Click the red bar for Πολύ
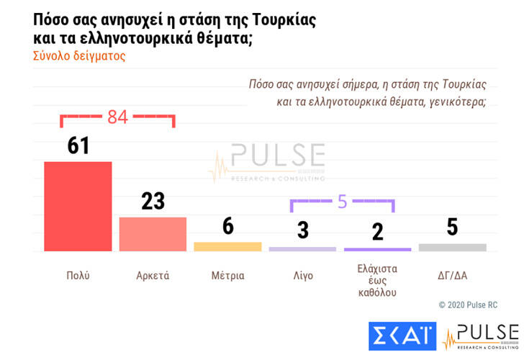[78, 206]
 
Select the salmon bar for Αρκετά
[153, 233]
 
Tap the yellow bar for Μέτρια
[227, 246]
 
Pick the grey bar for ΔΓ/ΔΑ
[452, 248]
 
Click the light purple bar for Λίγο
[302, 249]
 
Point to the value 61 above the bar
[78, 145]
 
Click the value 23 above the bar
[153, 201]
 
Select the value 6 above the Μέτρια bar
[227, 226]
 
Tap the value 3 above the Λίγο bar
[303, 230]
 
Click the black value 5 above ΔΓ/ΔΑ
[452, 227]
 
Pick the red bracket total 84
[117, 116]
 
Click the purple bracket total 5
[342, 202]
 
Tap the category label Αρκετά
[153, 275]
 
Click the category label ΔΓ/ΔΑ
[452, 275]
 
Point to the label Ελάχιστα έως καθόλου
[377, 281]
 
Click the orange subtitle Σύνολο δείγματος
[79, 55]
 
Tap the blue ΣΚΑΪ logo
[402, 336]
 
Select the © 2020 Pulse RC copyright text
[468, 305]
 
